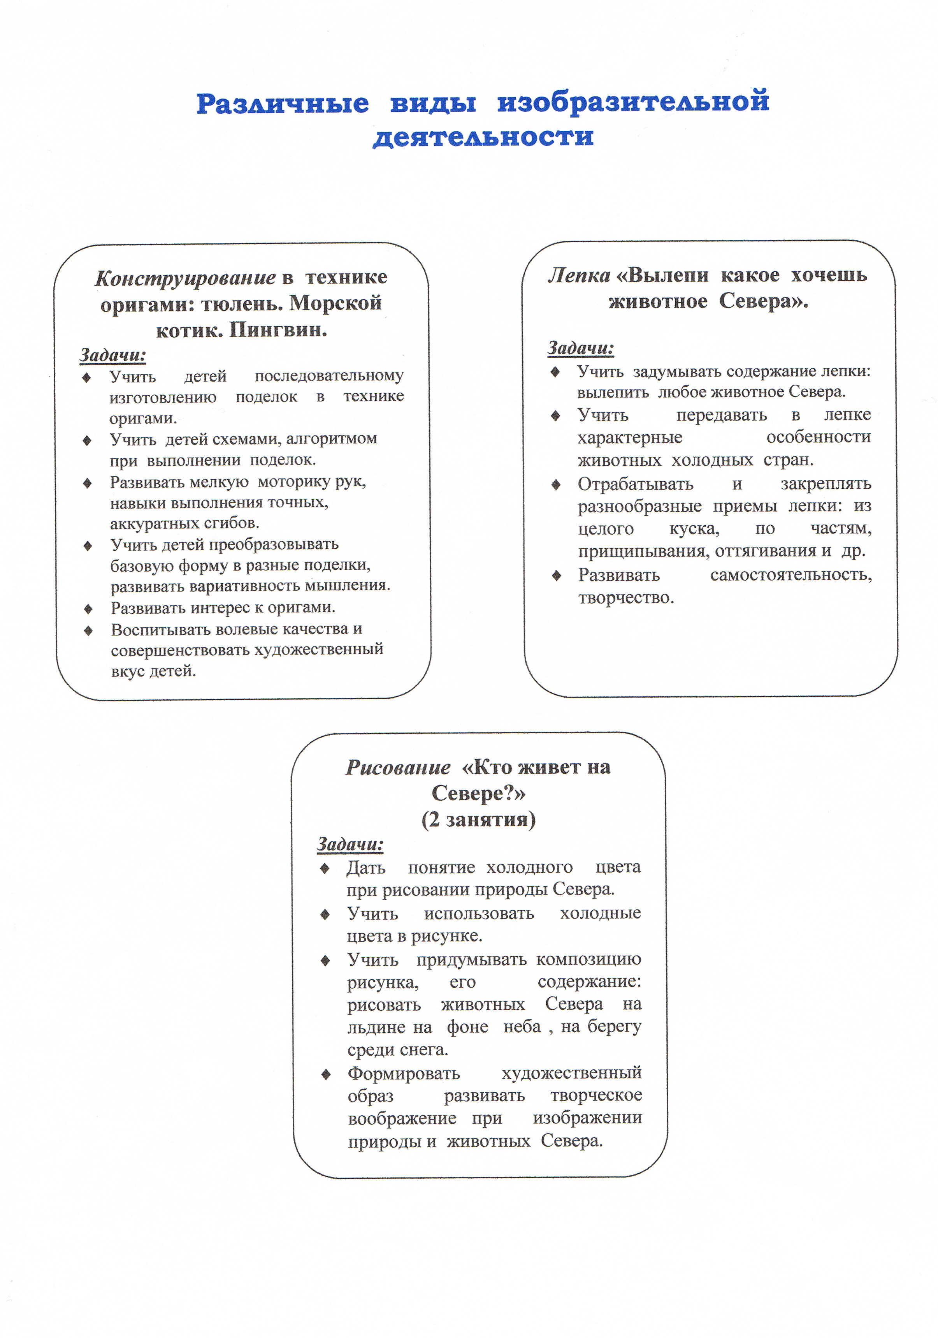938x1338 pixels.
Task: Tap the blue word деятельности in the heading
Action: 483,137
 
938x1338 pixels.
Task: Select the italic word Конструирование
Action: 185,278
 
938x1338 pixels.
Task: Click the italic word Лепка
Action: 578,275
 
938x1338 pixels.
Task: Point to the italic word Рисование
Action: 398,768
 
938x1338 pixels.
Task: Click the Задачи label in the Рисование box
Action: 350,844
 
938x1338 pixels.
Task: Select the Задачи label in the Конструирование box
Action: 112,354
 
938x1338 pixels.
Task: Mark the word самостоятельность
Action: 790,575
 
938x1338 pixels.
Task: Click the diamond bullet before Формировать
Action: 326,1074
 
